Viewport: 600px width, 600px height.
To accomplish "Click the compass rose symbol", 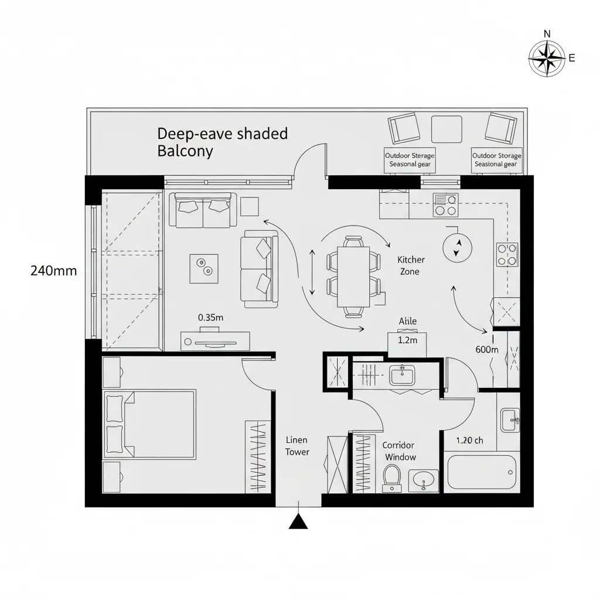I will coord(547,59).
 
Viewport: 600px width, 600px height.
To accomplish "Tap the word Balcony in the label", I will coord(185,151).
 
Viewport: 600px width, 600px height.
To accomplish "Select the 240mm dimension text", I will coord(53,271).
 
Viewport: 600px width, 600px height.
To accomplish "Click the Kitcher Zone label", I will coord(411,265).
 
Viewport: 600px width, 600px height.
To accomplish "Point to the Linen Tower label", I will coord(296,445).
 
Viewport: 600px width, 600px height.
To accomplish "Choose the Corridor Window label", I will coord(400,451).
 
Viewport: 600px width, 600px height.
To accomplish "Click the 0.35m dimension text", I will coord(211,317).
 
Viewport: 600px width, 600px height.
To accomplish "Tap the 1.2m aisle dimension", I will coord(407,340).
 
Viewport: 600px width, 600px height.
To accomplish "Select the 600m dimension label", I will coord(487,349).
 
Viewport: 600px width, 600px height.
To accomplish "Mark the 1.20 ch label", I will coord(470,441).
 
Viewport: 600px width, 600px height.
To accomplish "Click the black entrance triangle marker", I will coord(298,521).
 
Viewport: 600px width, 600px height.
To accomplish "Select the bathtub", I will coord(481,472).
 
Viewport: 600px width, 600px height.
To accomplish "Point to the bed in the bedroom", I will coord(149,424).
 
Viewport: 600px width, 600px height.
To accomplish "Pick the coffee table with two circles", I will coord(204,268).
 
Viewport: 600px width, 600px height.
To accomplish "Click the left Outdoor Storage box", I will coord(410,160).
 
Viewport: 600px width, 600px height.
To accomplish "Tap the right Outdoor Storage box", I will coord(496,160).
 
